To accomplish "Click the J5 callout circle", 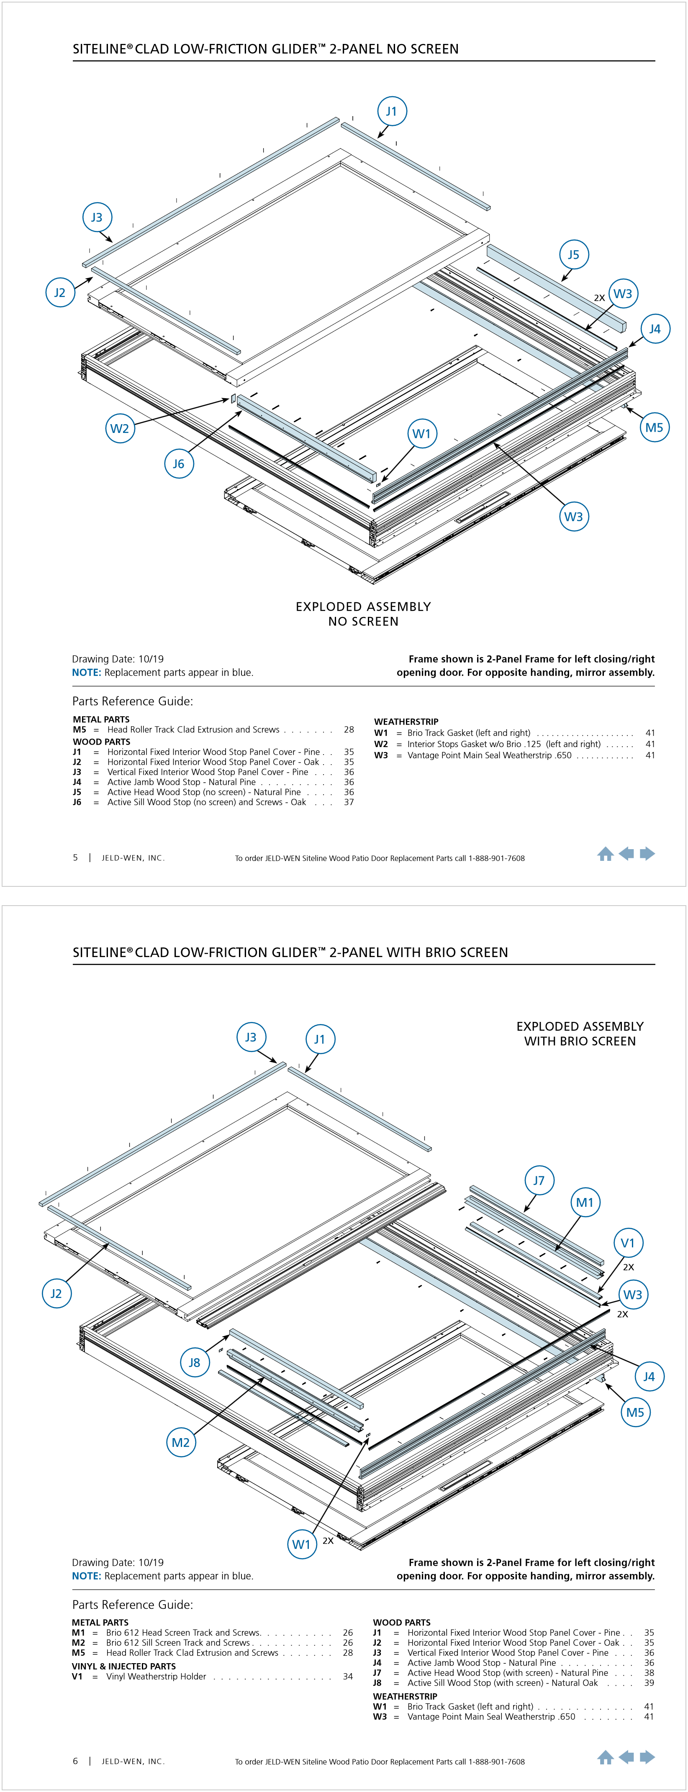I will point(573,255).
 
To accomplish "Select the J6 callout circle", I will point(179,464).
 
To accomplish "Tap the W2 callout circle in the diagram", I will point(120,428).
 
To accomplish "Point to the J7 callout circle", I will point(539,1180).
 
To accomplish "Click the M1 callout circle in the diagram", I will point(585,1202).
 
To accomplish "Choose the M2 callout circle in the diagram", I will point(181,1442).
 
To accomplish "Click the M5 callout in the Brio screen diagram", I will point(635,1412).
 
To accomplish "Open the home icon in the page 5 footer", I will point(605,854).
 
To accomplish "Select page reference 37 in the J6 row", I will point(349,802).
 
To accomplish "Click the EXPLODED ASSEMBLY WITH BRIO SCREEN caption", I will point(580,1034).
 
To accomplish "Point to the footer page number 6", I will point(75,1761).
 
